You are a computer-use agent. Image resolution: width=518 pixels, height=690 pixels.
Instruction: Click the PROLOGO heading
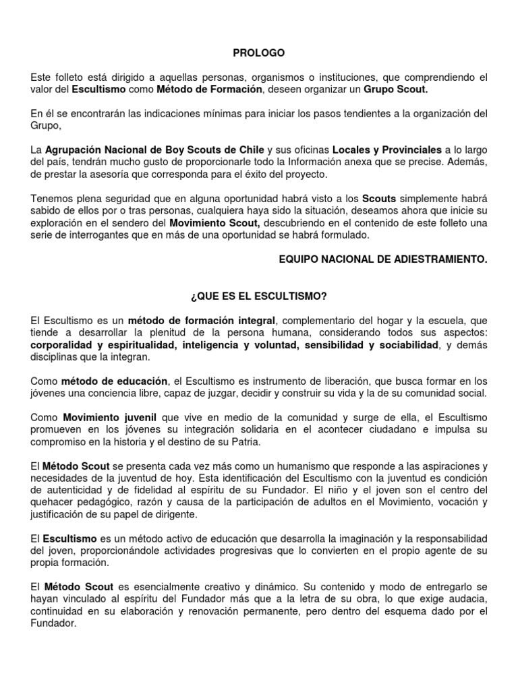259,53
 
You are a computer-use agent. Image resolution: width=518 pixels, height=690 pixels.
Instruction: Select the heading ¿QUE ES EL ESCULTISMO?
259,295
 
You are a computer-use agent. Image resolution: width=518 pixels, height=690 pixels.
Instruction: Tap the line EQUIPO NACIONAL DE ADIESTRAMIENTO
382,258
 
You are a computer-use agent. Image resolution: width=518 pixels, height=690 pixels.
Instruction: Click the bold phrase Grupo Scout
395,89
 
